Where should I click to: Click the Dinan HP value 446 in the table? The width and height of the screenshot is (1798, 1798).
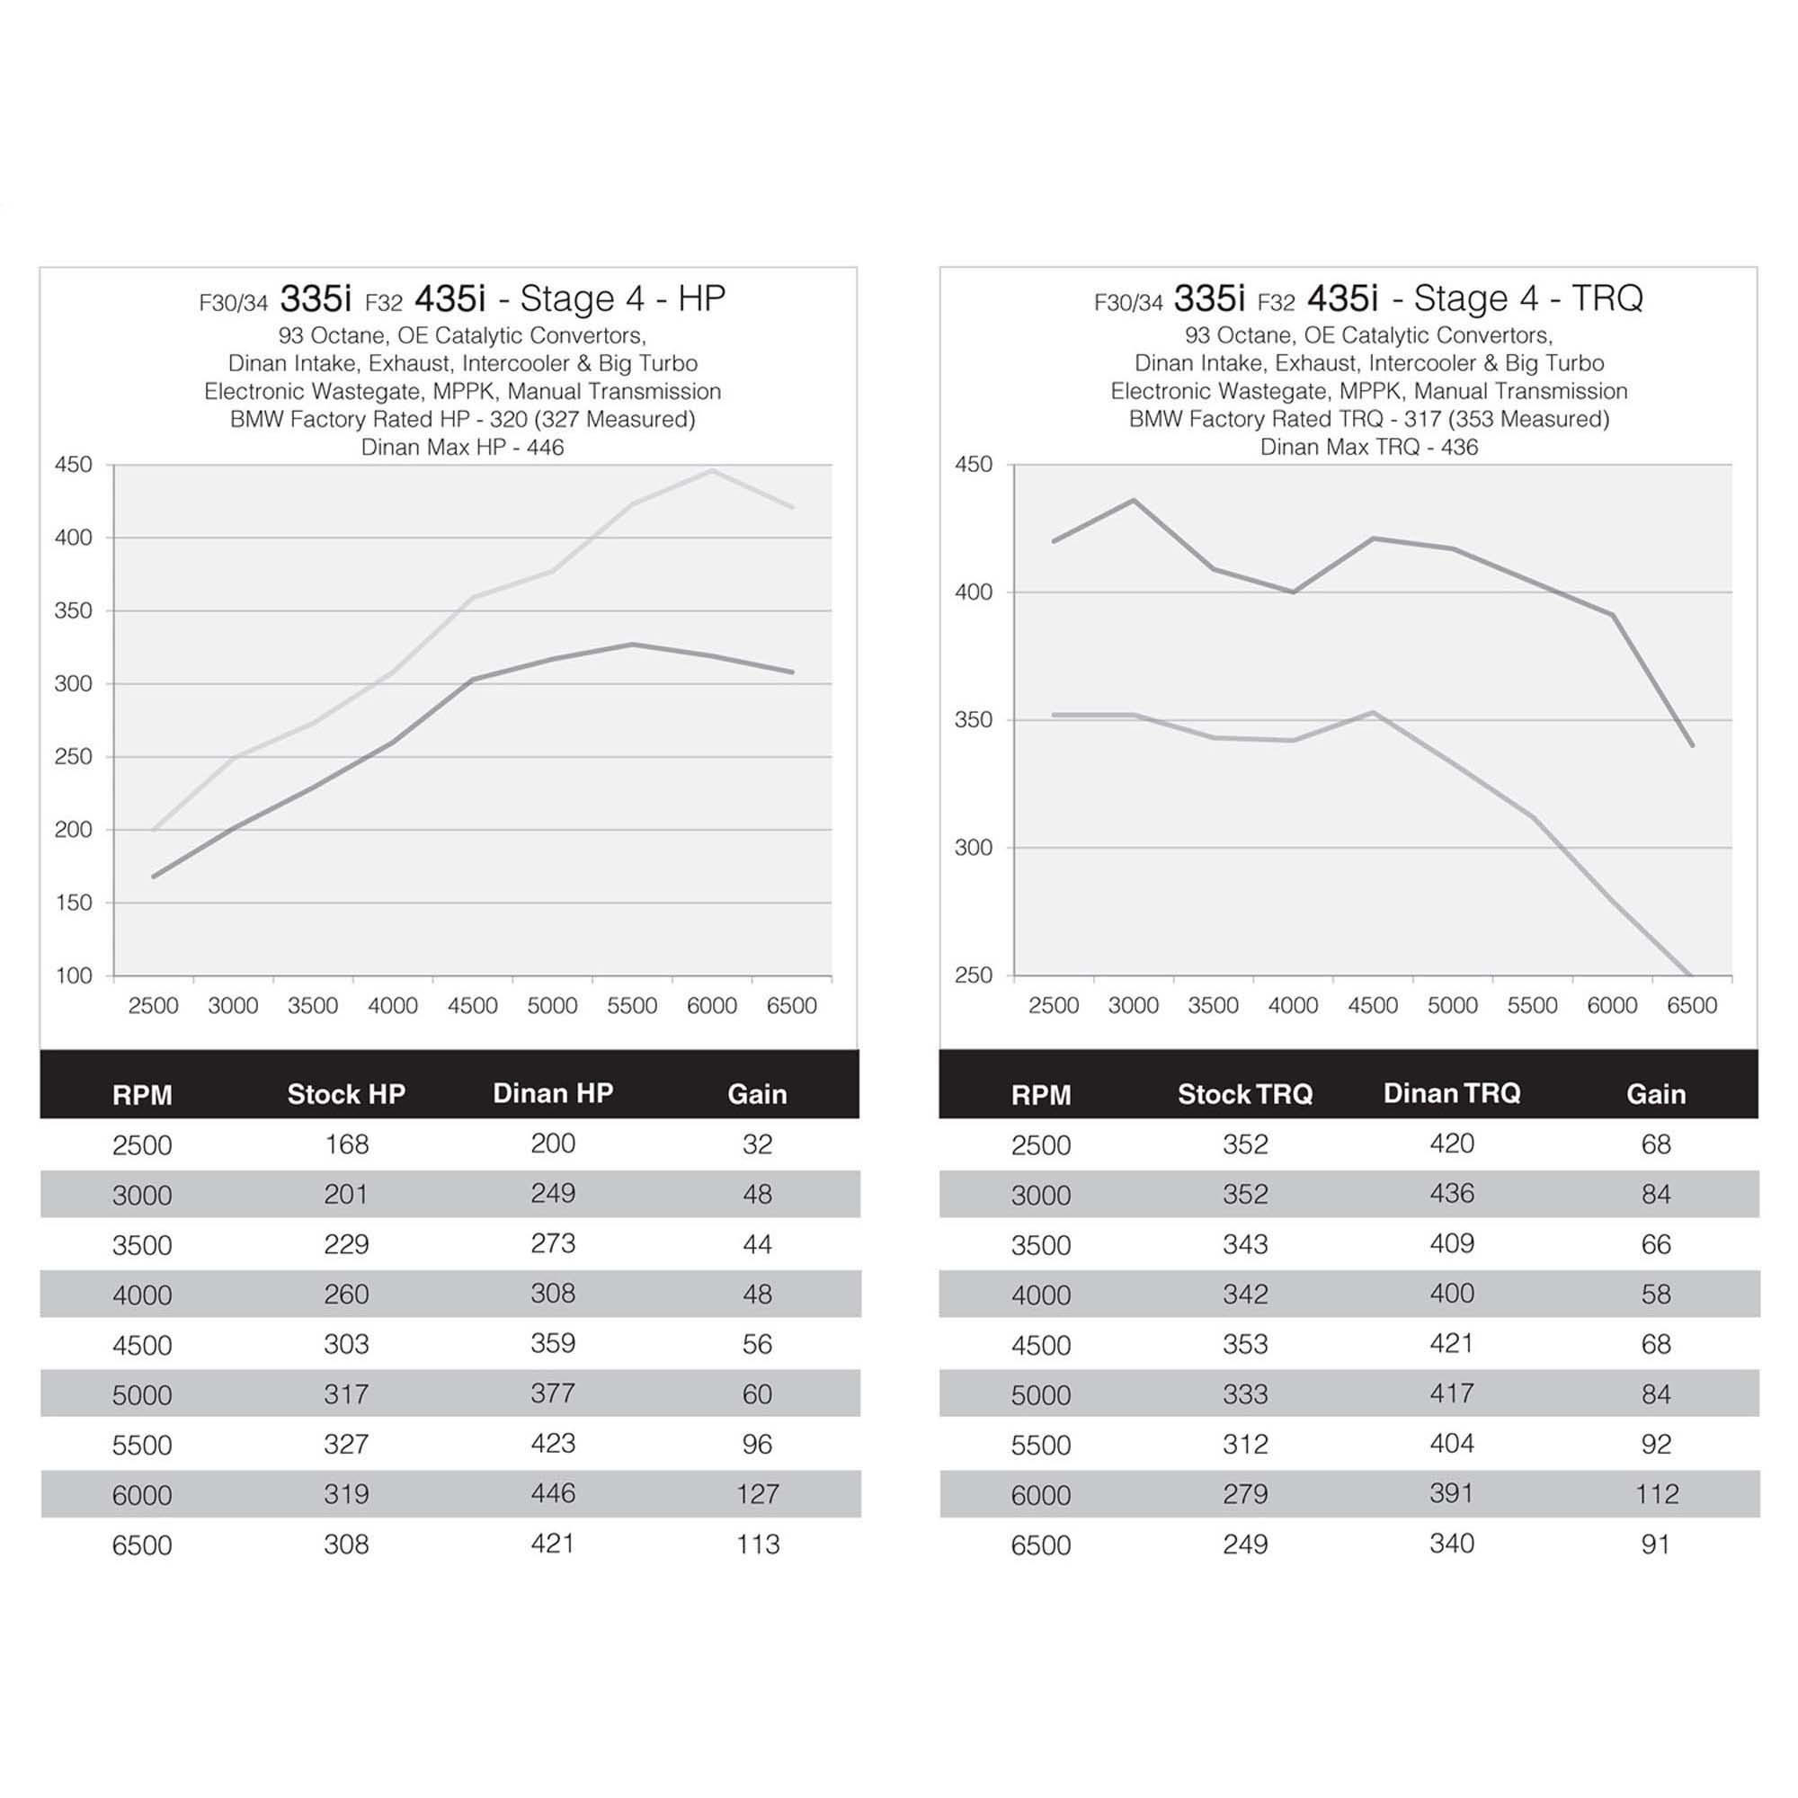[x=553, y=1492]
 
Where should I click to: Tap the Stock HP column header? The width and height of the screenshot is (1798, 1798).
[x=346, y=1093]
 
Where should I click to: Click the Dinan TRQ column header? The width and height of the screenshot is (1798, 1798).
[x=1452, y=1092]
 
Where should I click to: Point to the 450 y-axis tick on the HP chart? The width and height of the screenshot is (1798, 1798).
[x=74, y=465]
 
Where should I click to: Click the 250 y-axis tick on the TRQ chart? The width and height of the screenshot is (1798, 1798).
[x=974, y=975]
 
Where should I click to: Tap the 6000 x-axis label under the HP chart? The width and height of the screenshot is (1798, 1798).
[x=712, y=1006]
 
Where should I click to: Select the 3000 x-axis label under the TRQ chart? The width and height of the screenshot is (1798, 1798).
[x=1134, y=1006]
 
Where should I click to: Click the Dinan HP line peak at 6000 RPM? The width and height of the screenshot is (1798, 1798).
[x=713, y=471]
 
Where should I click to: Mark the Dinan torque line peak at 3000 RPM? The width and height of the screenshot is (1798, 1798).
[x=1134, y=500]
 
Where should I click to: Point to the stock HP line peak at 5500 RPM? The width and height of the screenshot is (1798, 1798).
[x=632, y=644]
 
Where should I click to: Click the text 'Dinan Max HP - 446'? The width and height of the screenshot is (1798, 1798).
[x=462, y=448]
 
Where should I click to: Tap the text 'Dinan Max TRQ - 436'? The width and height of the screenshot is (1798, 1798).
[x=1369, y=448]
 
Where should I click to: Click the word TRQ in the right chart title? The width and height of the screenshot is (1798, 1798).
[x=1607, y=298]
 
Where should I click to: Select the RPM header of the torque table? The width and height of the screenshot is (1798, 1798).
[x=1040, y=1094]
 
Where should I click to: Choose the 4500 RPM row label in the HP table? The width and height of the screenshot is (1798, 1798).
[x=142, y=1345]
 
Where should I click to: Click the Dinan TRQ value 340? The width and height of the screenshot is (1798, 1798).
[x=1452, y=1543]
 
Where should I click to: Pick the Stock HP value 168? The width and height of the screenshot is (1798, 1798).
[x=346, y=1144]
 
